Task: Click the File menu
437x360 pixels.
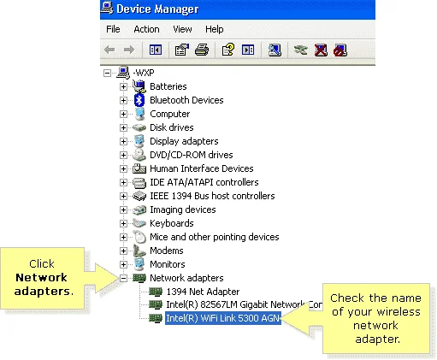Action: tap(113, 29)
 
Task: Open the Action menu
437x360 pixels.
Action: tap(146, 29)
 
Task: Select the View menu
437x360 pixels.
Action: tap(182, 29)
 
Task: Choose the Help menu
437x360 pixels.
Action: tap(215, 29)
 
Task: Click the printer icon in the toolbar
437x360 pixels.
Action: tap(202, 50)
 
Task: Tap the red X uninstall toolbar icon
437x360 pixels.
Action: tap(321, 50)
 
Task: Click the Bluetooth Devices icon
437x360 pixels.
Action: tap(139, 100)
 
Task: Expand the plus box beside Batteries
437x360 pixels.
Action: tap(123, 86)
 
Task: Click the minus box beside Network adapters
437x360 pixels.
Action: tap(123, 278)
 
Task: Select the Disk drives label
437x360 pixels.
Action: tap(172, 127)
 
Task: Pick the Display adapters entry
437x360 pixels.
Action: tap(184, 141)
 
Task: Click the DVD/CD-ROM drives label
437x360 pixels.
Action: tap(192, 155)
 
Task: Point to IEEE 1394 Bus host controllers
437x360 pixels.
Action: tap(212, 196)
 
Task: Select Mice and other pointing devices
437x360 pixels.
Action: tap(215, 237)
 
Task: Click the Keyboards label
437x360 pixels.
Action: tap(172, 223)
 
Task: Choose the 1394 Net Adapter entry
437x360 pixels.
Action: tap(203, 292)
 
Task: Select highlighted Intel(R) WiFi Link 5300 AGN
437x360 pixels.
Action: tap(223, 318)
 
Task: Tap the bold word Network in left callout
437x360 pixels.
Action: tap(41, 277)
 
